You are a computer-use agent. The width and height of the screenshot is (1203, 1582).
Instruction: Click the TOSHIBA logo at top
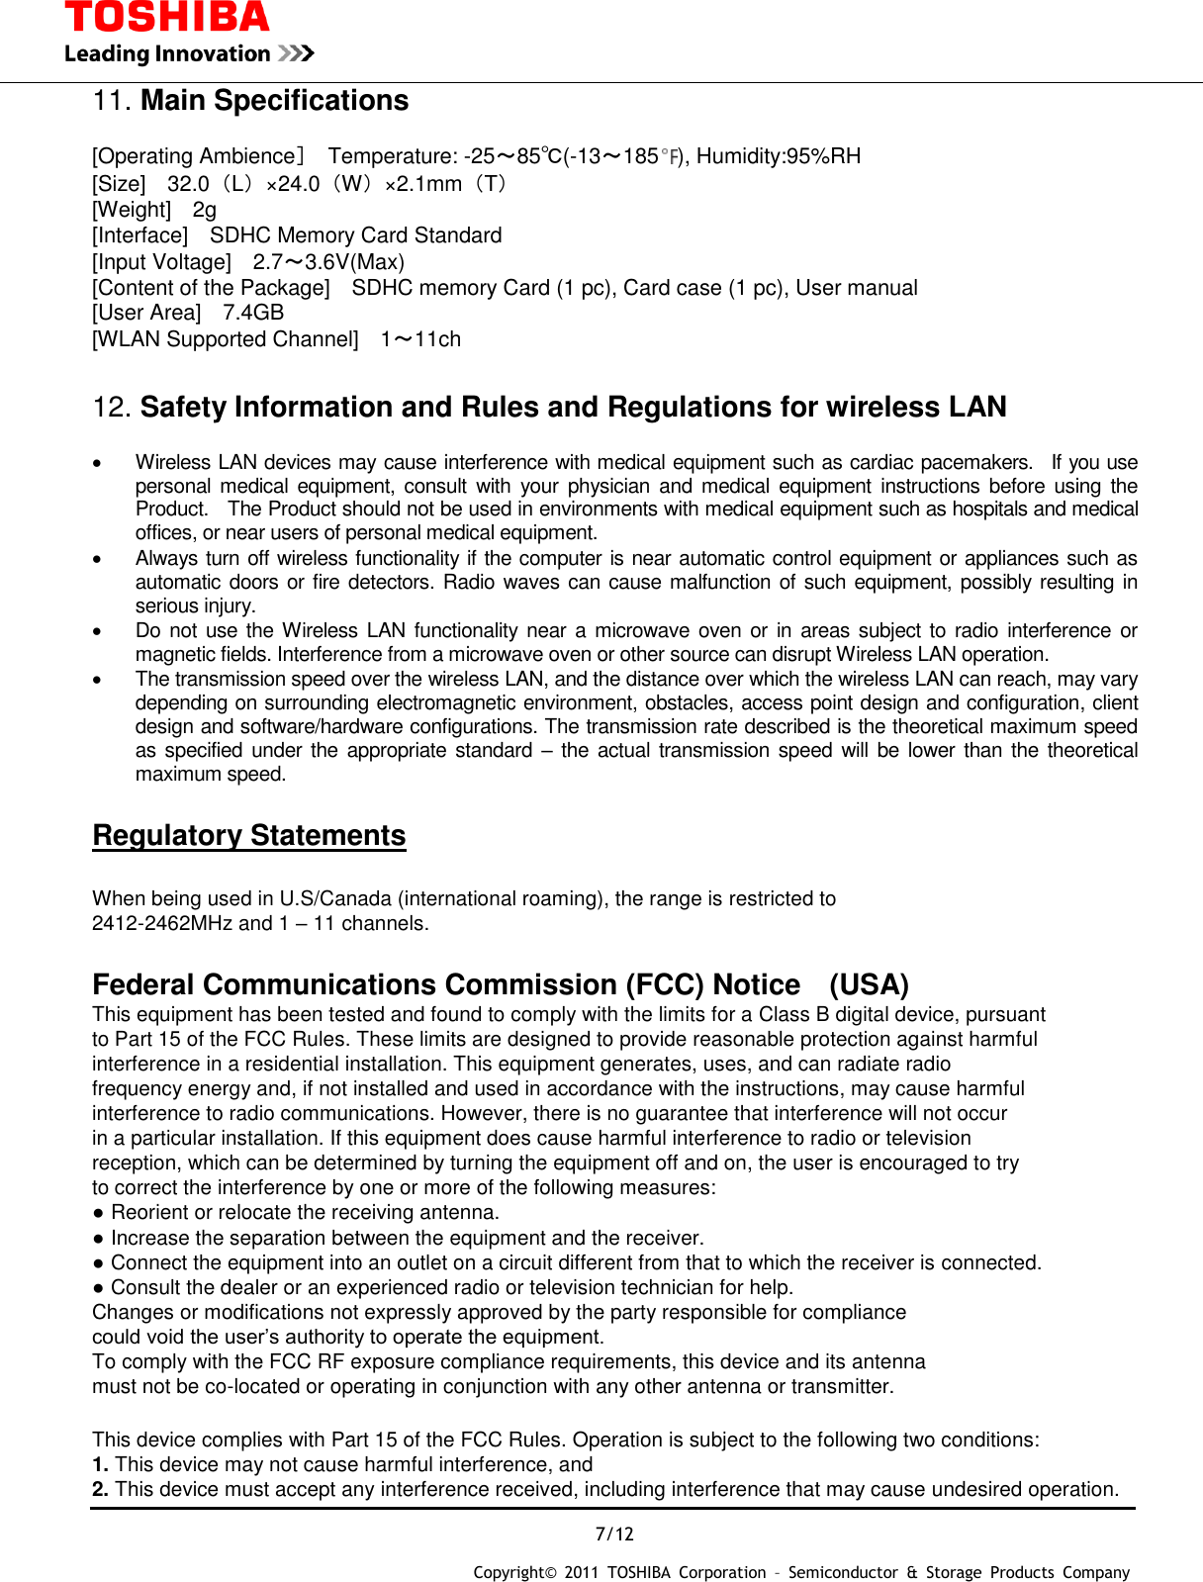click(x=166, y=17)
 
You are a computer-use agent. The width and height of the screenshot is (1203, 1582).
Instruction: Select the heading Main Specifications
click(x=274, y=101)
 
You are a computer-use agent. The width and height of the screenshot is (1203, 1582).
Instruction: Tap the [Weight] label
click(x=132, y=210)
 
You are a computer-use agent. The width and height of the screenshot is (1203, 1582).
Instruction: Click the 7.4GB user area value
click(x=253, y=313)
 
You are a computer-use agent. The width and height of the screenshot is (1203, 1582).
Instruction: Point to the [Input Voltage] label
click(x=161, y=262)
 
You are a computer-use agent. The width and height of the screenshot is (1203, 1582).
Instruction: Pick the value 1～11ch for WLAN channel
click(x=420, y=339)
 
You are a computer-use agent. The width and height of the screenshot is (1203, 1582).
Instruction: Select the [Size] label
click(x=119, y=184)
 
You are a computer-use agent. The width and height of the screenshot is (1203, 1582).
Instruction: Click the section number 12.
click(x=111, y=408)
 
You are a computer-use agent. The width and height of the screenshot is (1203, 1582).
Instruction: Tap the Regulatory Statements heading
click(x=249, y=836)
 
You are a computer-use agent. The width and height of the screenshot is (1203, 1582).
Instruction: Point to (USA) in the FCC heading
click(x=869, y=985)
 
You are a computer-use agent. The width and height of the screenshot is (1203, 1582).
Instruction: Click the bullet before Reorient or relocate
click(x=99, y=1214)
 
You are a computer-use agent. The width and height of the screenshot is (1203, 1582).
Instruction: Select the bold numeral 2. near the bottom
click(x=100, y=1490)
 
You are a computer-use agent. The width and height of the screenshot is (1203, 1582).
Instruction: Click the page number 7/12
click(x=614, y=1535)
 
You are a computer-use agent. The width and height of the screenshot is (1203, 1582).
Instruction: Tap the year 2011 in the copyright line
click(x=581, y=1573)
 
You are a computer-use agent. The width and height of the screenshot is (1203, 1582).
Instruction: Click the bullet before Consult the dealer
click(x=99, y=1288)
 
